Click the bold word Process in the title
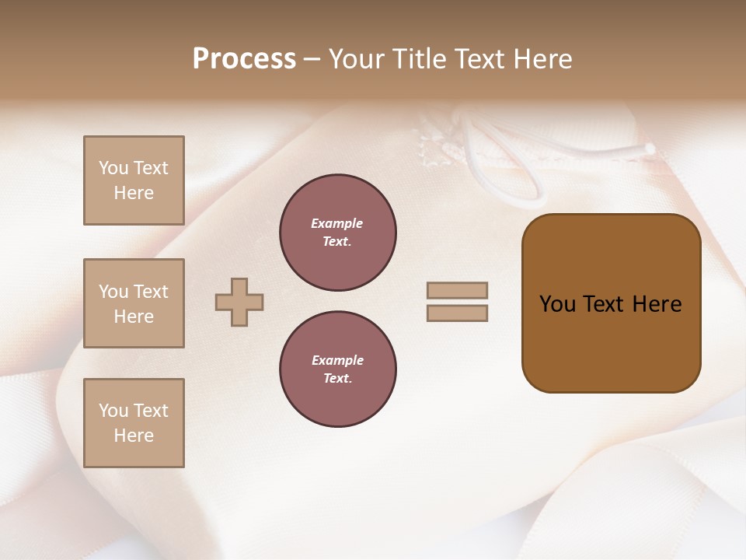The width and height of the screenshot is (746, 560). point(244,59)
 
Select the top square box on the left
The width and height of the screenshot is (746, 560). point(134,180)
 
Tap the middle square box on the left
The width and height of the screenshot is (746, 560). point(134,303)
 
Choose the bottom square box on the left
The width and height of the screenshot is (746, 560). point(134,423)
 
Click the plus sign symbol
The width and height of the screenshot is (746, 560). point(239,302)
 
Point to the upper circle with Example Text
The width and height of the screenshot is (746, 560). point(337,233)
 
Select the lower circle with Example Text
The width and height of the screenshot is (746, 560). point(337,369)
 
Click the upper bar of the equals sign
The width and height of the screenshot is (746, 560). point(457,290)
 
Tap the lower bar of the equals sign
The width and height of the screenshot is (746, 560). point(457,313)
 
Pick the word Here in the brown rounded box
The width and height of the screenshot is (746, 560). point(657,304)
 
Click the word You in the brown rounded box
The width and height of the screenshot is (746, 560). point(557,304)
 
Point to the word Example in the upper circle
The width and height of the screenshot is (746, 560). point(337,223)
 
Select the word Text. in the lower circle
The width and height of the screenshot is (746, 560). point(337,379)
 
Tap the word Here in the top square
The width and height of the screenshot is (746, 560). point(134,193)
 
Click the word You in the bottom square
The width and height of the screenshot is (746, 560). point(113,411)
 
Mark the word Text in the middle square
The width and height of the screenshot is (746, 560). point(150,292)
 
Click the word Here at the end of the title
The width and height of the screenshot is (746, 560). point(542,59)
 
